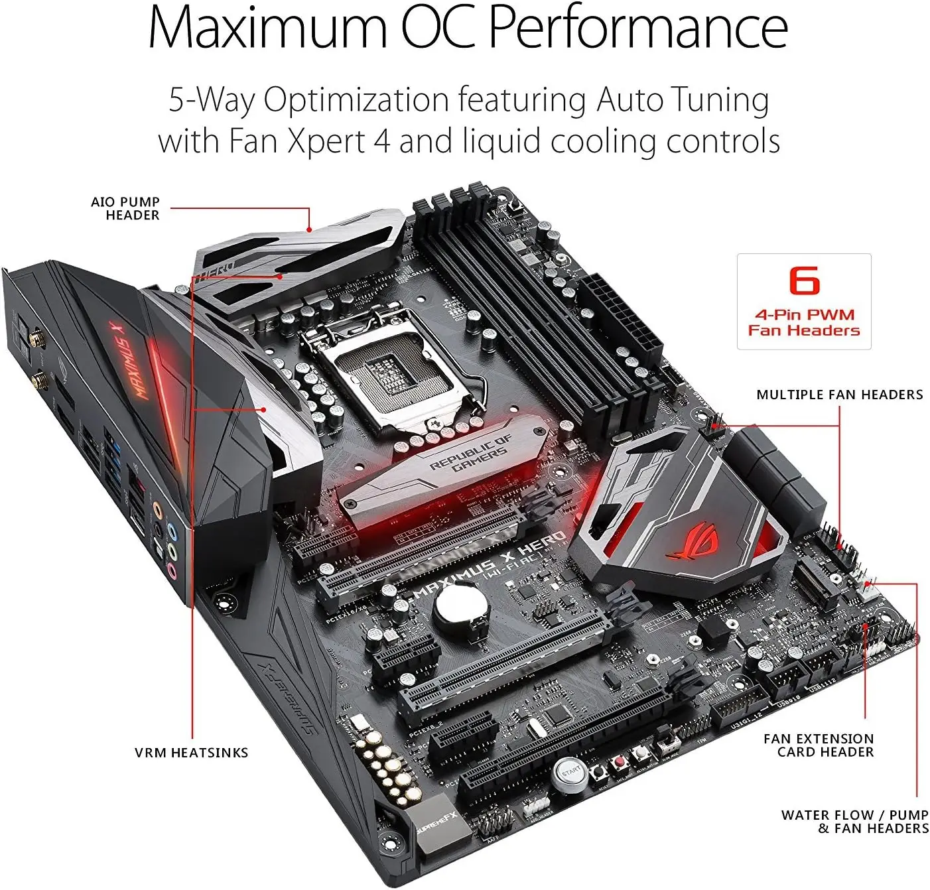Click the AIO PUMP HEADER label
[125, 208]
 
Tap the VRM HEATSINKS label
[191, 753]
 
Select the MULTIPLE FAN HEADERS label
[839, 395]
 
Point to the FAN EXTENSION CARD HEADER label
[819, 745]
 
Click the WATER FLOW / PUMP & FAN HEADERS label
[854, 822]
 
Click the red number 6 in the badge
[804, 281]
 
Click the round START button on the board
[570, 773]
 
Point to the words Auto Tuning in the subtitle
[683, 99]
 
